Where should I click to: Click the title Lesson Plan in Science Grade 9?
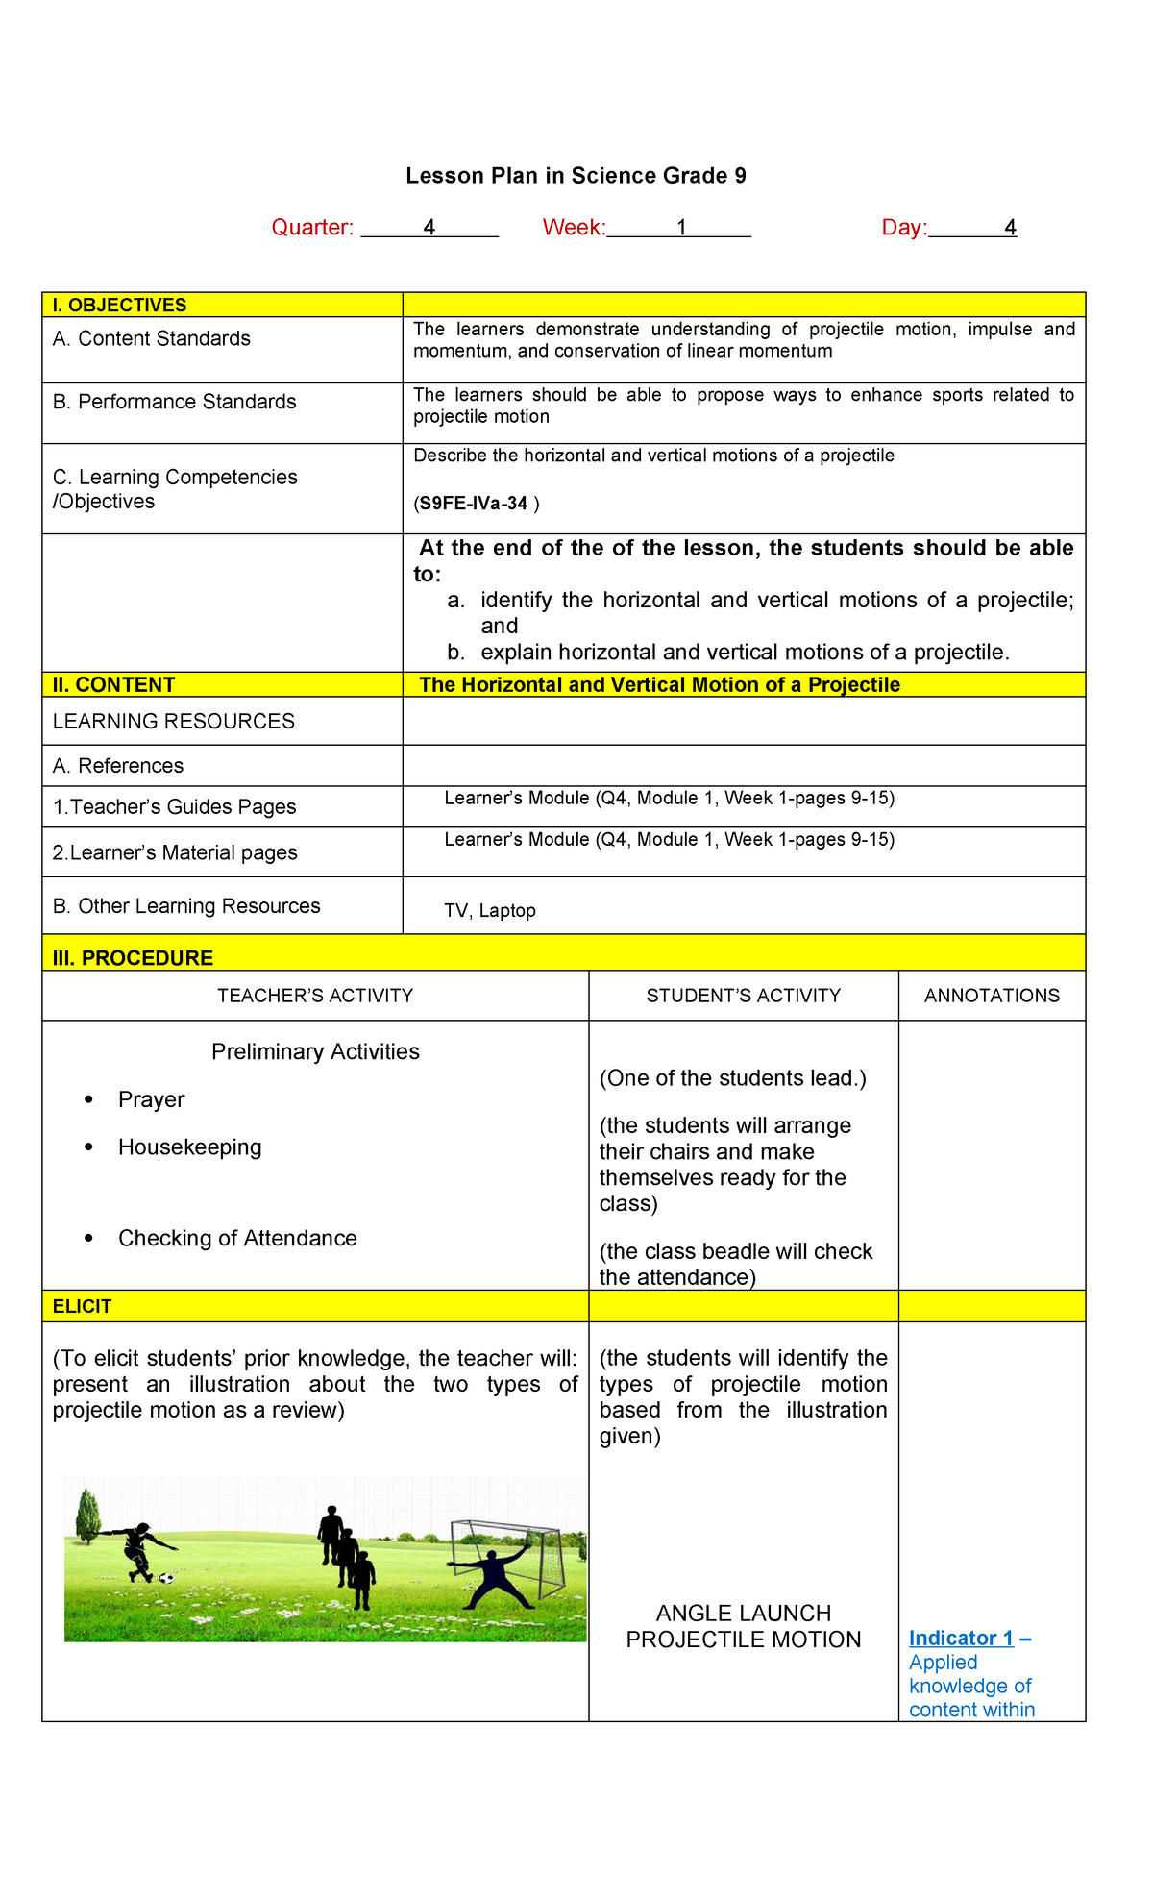point(576,176)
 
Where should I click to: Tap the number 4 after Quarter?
point(429,228)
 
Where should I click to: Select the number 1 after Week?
point(681,228)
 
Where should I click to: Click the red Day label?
point(903,228)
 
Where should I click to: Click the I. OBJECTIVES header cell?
point(120,306)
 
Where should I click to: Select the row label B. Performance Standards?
point(175,402)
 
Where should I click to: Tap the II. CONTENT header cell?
point(114,685)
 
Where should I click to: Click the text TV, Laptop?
point(490,911)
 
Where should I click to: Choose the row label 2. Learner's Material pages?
point(175,853)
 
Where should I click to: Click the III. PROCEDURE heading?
point(134,958)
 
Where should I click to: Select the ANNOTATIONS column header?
point(992,997)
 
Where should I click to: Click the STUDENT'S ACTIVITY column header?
point(743,997)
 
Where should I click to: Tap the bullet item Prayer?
point(151,1100)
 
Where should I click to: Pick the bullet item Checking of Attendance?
point(237,1239)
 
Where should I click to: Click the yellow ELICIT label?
point(83,1307)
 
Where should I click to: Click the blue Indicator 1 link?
point(961,1639)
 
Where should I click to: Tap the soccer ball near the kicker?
point(167,1578)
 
